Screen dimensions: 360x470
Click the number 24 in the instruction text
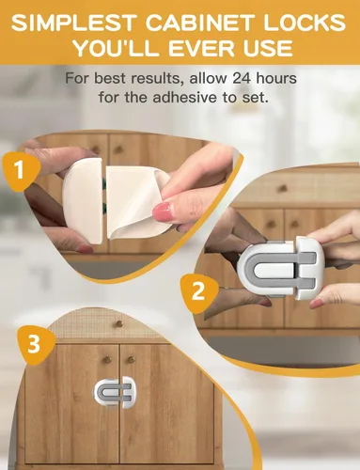242,78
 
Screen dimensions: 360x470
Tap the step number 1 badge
21,170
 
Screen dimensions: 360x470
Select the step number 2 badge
198,291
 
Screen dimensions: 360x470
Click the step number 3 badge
34,344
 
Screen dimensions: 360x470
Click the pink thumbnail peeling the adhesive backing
163,212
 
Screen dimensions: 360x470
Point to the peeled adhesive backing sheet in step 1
138,204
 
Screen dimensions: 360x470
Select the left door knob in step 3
108,359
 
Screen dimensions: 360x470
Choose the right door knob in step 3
131,359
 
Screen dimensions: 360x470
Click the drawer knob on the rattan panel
118,324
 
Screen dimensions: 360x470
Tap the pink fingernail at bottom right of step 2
317,304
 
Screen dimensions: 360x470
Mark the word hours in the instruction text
276,78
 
